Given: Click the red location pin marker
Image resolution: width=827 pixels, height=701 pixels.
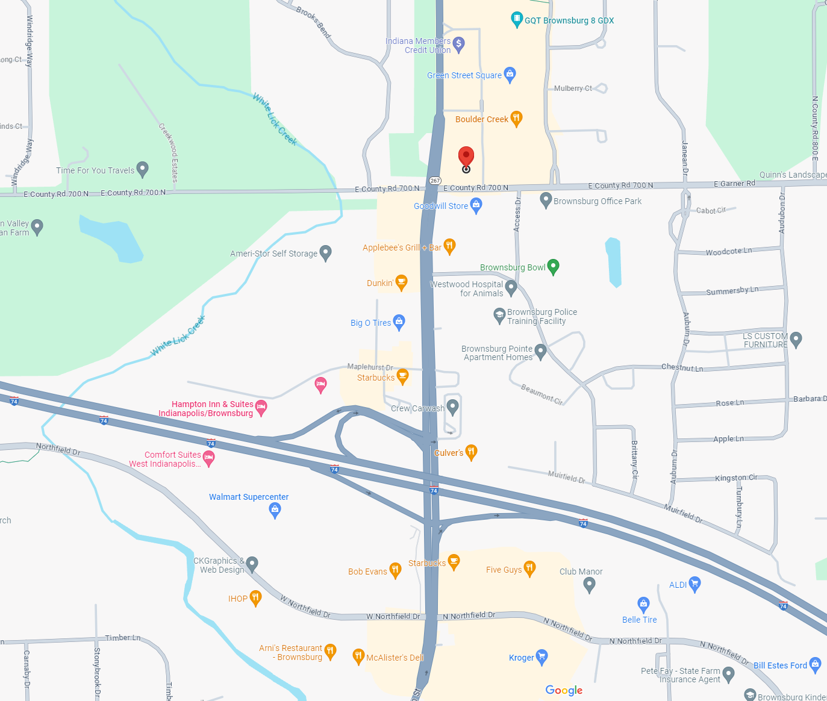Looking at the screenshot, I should pos(466,157).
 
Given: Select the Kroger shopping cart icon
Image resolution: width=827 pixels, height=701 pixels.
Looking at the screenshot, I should pos(541,656).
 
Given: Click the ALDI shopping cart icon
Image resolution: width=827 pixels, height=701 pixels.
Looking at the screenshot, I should pos(694,584).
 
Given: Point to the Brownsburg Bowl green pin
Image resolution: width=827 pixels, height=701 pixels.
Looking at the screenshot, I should pos(553,266).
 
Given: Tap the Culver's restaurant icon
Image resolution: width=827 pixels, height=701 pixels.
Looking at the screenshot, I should pos(472,452).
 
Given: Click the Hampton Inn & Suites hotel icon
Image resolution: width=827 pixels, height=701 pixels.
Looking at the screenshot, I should pos(261,408).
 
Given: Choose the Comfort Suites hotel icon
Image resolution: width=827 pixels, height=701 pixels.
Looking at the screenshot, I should pos(208,458).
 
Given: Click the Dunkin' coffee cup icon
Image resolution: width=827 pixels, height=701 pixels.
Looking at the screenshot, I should pos(402,282).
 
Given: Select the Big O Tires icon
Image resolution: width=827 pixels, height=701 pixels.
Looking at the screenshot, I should pos(399,322).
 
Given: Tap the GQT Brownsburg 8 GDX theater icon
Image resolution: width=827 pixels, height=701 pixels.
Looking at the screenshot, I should pos(516,19).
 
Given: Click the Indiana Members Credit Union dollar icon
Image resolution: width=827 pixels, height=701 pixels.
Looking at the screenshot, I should pos(458,44).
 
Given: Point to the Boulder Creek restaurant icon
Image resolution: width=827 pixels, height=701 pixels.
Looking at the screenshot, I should pos(516,118).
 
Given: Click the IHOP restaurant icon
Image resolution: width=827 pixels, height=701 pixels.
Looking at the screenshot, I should pos(255,598).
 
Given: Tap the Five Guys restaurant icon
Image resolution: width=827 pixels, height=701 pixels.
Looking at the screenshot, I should pos(529,568).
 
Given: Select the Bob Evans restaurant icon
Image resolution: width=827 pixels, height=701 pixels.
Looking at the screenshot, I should pos(395,570).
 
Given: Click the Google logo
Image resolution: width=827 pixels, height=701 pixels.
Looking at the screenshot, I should pos(564,690).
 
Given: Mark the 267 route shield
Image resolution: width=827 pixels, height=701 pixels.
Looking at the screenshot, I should pos(435,181).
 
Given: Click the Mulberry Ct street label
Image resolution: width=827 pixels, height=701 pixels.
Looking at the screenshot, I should pos(573,89).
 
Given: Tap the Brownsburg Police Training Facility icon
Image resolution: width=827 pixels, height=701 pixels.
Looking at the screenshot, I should pos(499,315).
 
